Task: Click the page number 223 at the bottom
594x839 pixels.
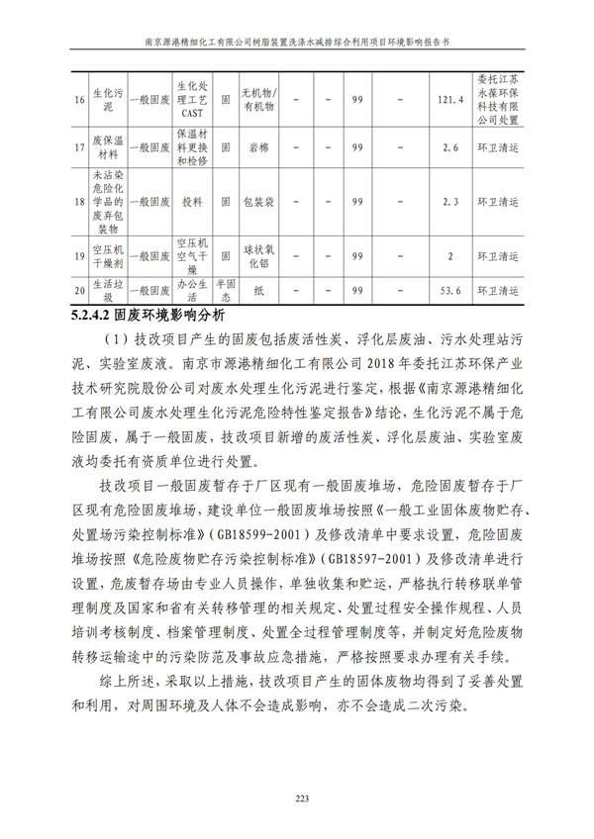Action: [297, 798]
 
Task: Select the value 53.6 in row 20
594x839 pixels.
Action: [449, 292]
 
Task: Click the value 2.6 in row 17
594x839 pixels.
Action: [449, 147]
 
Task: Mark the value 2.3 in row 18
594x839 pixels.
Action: [449, 202]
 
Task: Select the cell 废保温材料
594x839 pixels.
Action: [107, 147]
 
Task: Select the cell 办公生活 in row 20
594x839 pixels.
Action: [191, 292]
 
